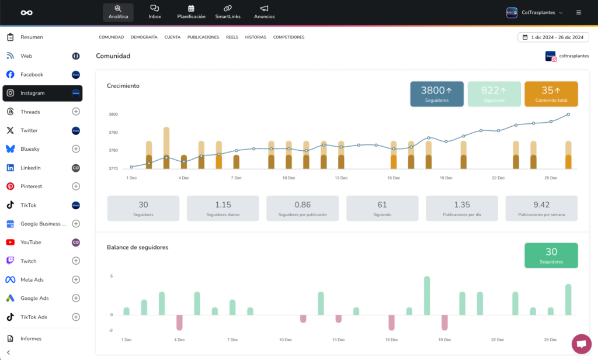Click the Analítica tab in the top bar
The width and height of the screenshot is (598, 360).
[118, 12]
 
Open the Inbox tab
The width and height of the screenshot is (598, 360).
[154, 12]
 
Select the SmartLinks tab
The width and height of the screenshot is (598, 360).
[228, 12]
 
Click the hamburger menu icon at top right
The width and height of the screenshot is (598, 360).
[579, 13]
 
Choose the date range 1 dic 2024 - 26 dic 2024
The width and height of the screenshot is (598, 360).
[553, 37]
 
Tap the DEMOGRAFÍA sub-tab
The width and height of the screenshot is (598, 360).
[144, 37]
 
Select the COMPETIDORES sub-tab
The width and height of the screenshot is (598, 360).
[288, 37]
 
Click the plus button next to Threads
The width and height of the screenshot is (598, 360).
[76, 112]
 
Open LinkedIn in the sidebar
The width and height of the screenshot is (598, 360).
[30, 168]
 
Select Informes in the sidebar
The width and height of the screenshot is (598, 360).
[31, 338]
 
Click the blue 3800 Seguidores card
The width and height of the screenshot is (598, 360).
[437, 94]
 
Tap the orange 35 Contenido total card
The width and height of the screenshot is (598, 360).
[551, 94]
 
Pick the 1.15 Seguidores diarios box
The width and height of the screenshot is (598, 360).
[222, 209]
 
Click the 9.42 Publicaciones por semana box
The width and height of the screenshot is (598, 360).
[541, 209]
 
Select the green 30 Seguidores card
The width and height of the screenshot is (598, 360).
[551, 255]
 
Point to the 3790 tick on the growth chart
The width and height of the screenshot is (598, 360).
[113, 133]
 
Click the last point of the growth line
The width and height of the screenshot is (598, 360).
[568, 114]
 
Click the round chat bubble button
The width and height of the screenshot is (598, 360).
[581, 344]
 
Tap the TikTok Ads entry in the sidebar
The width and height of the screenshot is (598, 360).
[34, 317]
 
